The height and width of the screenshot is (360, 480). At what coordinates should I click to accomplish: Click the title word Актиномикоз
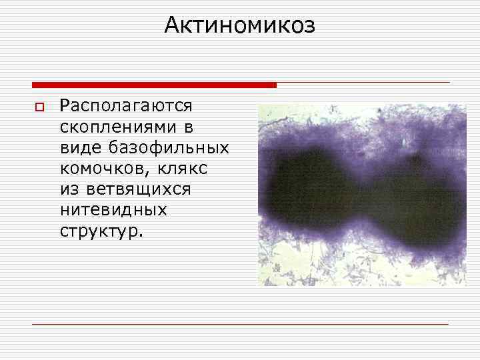(239, 25)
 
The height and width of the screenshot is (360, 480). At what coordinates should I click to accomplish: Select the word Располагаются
(126, 105)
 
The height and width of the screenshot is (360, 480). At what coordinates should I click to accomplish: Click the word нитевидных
(113, 211)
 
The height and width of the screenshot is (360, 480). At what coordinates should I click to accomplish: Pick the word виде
(78, 147)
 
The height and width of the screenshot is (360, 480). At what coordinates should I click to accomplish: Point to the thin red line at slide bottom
(240, 325)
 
